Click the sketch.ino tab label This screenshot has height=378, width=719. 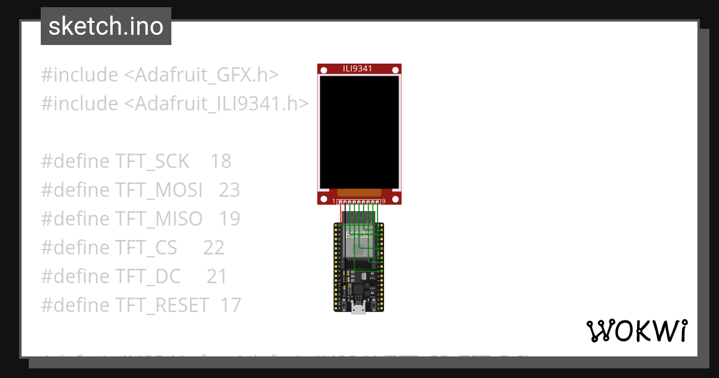[105, 26]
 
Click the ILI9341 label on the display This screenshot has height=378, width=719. [358, 68]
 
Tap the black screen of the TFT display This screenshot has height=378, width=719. [359, 132]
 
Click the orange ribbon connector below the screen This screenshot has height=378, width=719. [359, 193]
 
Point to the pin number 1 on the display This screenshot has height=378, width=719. [334, 202]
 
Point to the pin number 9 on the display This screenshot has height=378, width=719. [383, 202]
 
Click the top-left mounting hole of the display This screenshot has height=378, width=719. [324, 71]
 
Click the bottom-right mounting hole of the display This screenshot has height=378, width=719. [395, 199]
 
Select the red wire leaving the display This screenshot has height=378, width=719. [340, 214]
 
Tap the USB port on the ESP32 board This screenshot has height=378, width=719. [359, 308]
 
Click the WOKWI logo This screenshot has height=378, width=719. [636, 331]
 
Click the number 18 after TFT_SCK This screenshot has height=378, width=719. [221, 161]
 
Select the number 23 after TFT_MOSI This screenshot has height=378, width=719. [229, 190]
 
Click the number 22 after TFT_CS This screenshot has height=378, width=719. [214, 248]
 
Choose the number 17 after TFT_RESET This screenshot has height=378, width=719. [231, 305]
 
